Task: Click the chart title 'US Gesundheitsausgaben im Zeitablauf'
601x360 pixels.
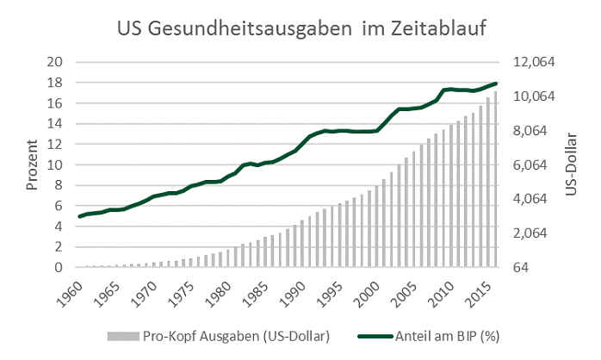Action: click(301, 28)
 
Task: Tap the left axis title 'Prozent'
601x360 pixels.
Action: click(32, 166)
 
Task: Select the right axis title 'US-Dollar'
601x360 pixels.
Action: click(571, 164)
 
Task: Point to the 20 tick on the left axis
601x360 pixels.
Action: click(56, 63)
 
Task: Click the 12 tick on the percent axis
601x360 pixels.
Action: click(56, 145)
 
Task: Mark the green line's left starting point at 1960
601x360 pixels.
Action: click(79, 216)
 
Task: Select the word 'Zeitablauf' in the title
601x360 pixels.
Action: click(440, 28)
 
